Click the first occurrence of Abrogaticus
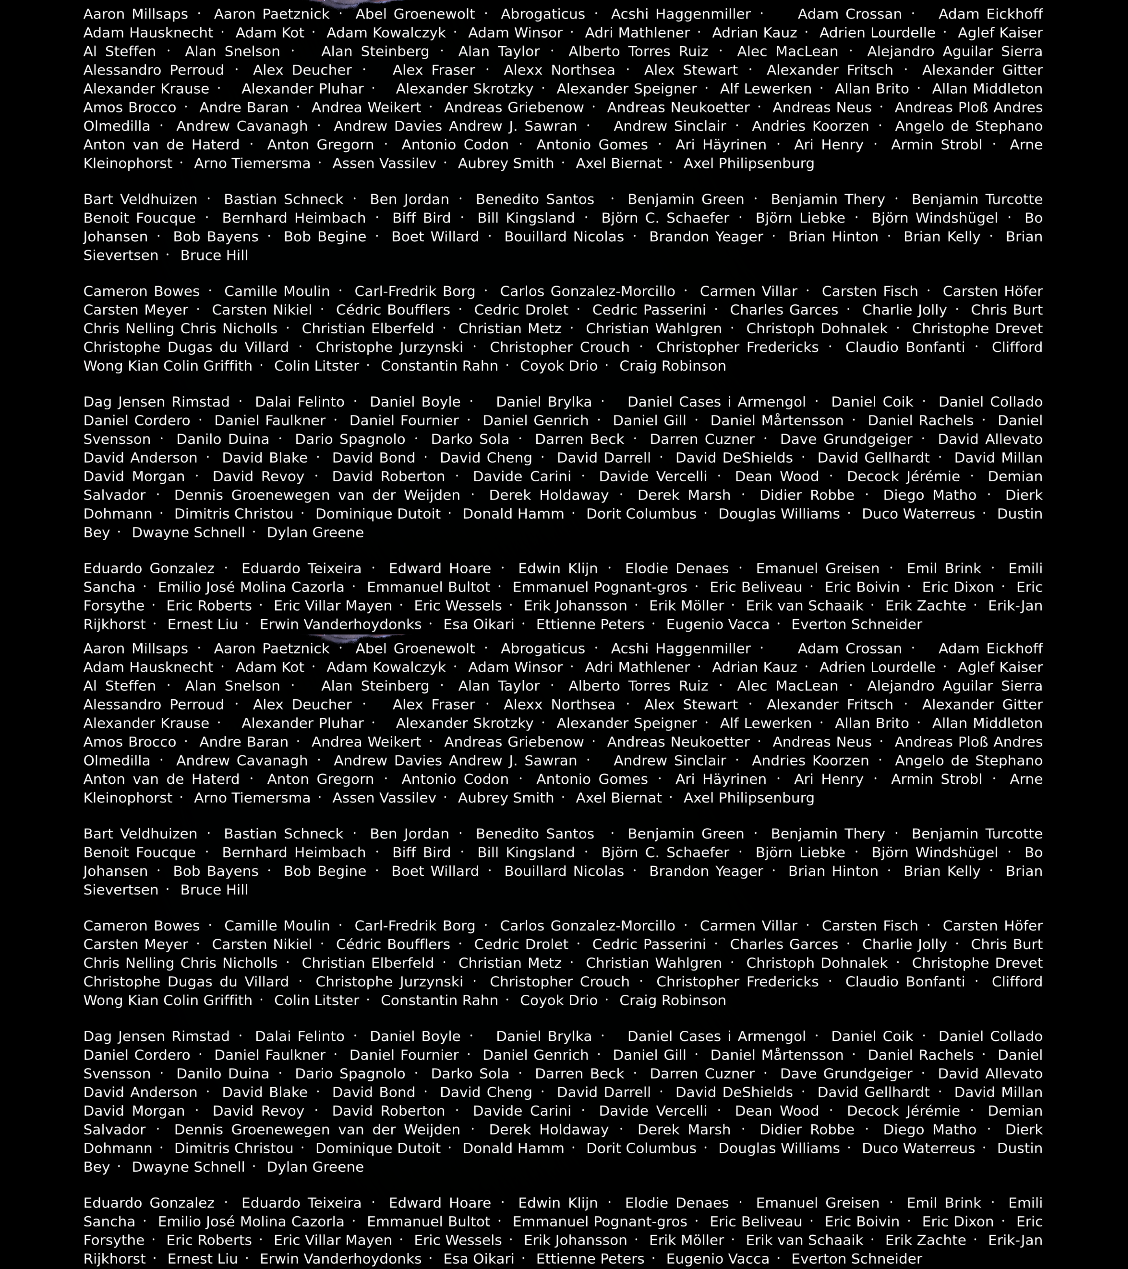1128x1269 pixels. click(543, 14)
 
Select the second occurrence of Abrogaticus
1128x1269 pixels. click(543, 649)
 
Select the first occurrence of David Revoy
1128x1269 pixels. click(258, 477)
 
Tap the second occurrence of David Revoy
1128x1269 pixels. click(258, 1111)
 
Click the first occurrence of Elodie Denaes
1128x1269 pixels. click(677, 569)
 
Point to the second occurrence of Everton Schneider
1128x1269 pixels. click(857, 1259)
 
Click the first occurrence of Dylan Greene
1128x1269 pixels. click(315, 533)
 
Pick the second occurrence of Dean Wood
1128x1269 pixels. click(777, 1111)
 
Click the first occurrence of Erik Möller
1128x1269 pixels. click(687, 606)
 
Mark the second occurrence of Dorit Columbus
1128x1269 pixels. click(641, 1149)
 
